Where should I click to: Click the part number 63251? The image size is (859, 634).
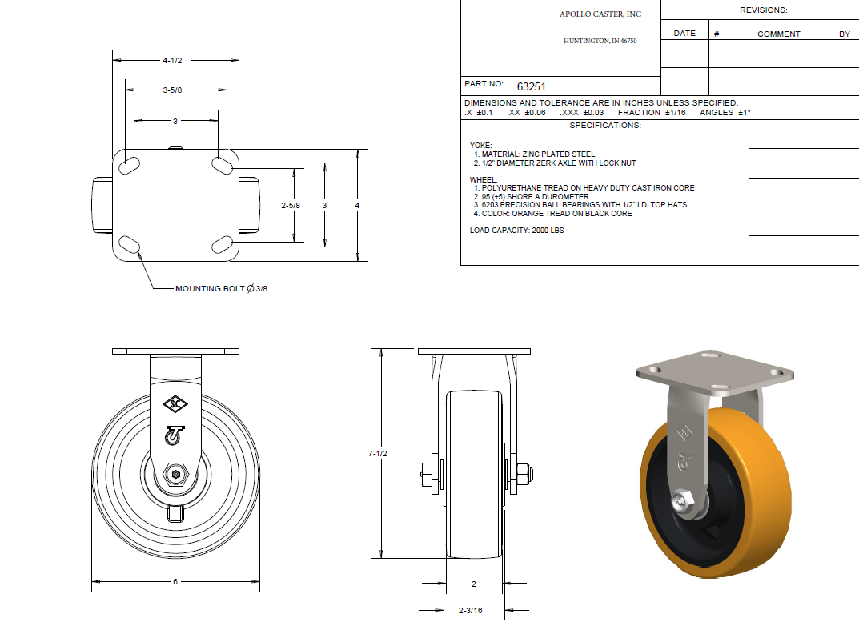(x=531, y=86)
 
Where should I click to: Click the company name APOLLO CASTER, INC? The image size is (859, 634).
(x=600, y=14)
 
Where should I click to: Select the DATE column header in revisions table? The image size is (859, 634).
(x=684, y=34)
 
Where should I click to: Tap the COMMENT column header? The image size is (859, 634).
(x=778, y=34)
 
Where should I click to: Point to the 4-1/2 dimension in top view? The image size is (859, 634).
(x=174, y=60)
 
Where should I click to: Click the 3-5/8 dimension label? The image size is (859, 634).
(x=172, y=90)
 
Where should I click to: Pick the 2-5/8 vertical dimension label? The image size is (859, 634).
(x=291, y=206)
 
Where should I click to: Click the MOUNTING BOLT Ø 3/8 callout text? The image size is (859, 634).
(x=221, y=288)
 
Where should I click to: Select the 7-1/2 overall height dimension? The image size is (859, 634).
(x=378, y=454)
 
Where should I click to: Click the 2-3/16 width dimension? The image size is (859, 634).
(x=471, y=611)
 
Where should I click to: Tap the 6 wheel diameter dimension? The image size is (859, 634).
(x=175, y=582)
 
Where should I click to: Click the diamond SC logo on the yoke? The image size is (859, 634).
(x=175, y=403)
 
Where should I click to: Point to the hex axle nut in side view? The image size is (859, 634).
(x=175, y=475)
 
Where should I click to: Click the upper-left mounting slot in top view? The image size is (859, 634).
(x=128, y=166)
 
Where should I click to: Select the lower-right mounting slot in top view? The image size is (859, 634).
(x=223, y=243)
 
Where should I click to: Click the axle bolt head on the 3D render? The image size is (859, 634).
(x=682, y=504)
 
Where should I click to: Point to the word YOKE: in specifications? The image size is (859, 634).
(x=480, y=146)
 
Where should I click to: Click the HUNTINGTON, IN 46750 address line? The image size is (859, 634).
(x=600, y=40)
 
